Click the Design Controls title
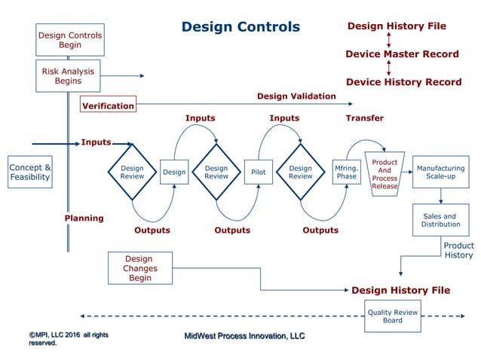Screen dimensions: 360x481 pyautogui.click(x=240, y=27)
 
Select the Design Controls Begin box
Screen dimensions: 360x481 pyautogui.click(x=69, y=40)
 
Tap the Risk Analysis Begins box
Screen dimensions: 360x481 pyautogui.click(x=68, y=76)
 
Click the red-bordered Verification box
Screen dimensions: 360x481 pyautogui.click(x=108, y=105)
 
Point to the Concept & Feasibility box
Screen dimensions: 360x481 pyautogui.click(x=30, y=172)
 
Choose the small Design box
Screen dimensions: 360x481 pyautogui.click(x=174, y=172)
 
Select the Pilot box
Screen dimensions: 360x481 pyautogui.click(x=258, y=172)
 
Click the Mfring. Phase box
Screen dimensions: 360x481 pyautogui.click(x=346, y=172)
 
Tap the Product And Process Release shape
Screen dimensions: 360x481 pyautogui.click(x=384, y=172)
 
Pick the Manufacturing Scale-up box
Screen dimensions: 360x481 pyautogui.click(x=440, y=172)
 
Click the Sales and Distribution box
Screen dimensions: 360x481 pyautogui.click(x=440, y=221)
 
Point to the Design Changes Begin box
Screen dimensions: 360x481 pyautogui.click(x=139, y=267)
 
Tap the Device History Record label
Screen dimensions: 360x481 pyautogui.click(x=403, y=81)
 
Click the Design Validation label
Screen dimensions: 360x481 pyautogui.click(x=296, y=96)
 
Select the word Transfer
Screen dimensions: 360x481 pyautogui.click(x=364, y=118)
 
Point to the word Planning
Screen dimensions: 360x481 pyautogui.click(x=84, y=218)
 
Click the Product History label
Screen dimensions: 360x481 pyautogui.click(x=458, y=251)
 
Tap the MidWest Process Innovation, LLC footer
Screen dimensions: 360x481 pyautogui.click(x=245, y=335)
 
